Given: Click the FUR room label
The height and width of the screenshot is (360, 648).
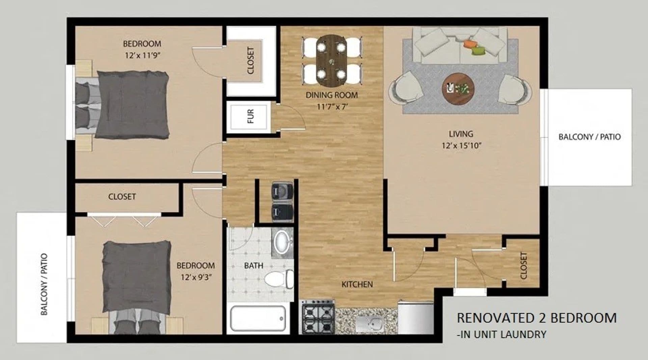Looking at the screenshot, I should click(x=250, y=116).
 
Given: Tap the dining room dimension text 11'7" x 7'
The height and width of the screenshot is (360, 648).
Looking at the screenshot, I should click(x=332, y=107).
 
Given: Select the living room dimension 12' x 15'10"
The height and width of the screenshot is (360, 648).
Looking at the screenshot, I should click(x=461, y=146).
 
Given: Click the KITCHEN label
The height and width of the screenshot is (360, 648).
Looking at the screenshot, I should click(x=357, y=284).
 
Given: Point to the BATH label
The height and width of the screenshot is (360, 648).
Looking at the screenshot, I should click(x=253, y=266).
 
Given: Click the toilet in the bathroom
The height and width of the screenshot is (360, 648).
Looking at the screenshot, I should click(x=278, y=279).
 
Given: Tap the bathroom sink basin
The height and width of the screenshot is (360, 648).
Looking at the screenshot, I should click(x=281, y=242).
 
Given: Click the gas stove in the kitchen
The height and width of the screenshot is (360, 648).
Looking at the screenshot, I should click(x=318, y=317).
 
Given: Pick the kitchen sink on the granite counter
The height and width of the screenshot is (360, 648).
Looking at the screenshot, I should click(x=369, y=324).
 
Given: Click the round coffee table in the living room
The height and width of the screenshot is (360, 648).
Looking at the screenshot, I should click(x=458, y=89).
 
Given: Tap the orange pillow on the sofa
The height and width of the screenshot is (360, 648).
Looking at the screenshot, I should click(x=470, y=44).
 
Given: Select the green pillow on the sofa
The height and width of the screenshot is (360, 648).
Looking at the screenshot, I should click(x=477, y=51).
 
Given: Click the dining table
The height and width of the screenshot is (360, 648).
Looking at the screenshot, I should click(x=331, y=61).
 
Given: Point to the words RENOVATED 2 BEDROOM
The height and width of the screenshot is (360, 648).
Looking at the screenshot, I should click(x=537, y=318).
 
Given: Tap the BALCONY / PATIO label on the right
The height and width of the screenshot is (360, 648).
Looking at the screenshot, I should click(x=589, y=137).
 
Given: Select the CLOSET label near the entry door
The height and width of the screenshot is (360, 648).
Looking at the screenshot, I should click(x=523, y=266).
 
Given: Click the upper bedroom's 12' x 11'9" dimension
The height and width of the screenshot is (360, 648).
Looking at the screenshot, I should click(x=142, y=55).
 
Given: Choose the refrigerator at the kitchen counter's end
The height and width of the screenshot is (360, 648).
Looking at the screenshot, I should click(x=415, y=317).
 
